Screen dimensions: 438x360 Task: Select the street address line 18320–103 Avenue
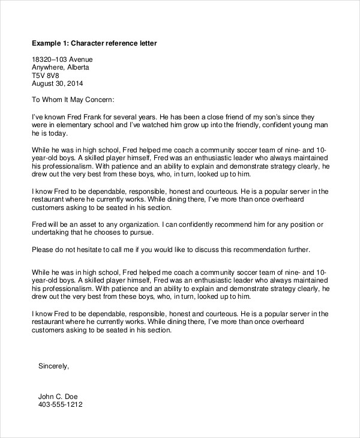(x=62, y=60)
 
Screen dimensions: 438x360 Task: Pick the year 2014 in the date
(x=74, y=84)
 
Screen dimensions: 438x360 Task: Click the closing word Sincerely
(x=53, y=365)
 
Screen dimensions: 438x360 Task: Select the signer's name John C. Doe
(x=58, y=397)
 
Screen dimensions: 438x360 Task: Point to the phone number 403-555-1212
(x=60, y=405)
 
